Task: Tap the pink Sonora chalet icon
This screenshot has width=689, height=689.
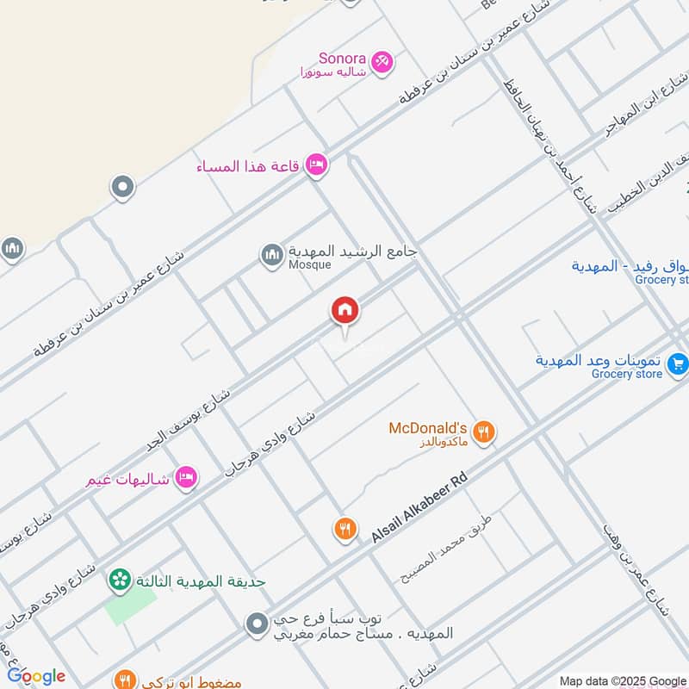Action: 382,62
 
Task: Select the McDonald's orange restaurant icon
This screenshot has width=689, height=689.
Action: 484,431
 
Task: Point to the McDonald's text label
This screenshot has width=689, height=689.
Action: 428,427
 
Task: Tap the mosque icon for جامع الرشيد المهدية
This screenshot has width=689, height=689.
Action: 272,256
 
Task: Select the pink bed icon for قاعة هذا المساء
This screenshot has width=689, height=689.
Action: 316,165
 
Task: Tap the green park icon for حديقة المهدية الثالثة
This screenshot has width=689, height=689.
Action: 119,580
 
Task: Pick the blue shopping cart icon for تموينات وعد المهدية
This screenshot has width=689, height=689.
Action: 678,365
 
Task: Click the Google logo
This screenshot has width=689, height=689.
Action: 36,676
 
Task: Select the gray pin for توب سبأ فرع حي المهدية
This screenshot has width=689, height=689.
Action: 256,624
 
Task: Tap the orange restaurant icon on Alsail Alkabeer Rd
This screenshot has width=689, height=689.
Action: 345,529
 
